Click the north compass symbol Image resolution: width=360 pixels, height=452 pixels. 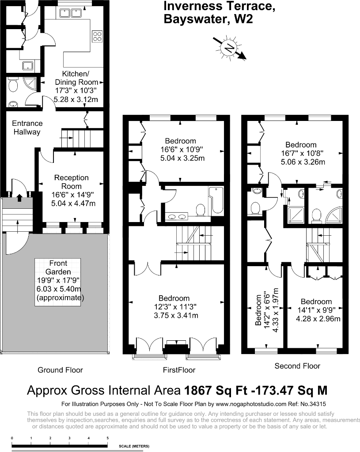(x=229, y=48)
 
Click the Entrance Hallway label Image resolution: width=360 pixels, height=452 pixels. (x=27, y=128)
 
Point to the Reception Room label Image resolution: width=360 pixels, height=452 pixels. (x=71, y=182)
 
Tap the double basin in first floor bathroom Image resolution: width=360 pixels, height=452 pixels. (x=178, y=216)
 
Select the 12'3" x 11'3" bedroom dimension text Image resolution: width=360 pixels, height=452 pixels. (x=176, y=307)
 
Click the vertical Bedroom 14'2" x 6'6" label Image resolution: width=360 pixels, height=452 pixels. (x=265, y=308)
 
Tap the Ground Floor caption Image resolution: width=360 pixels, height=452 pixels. (x=60, y=370)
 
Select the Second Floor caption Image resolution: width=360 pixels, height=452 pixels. (x=297, y=366)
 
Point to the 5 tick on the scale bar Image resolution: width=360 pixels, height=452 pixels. (x=108, y=438)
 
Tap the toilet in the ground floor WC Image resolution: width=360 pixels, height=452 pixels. (x=13, y=84)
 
